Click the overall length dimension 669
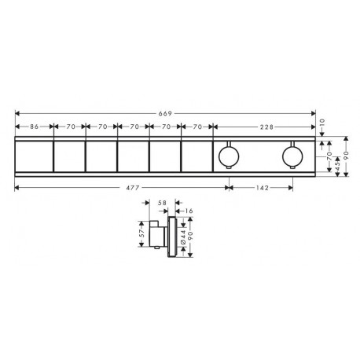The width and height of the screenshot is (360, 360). pyautogui.click(x=165, y=113)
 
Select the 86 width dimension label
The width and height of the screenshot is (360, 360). pyautogui.click(x=34, y=127)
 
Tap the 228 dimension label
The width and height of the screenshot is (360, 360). pyautogui.click(x=266, y=127)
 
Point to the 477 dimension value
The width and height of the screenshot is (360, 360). pyautogui.click(x=133, y=188)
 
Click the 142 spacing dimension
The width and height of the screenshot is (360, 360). pyautogui.click(x=263, y=188)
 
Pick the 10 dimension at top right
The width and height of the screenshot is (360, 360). pyautogui.click(x=322, y=123)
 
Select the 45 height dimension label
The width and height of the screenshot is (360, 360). pyautogui.click(x=337, y=165)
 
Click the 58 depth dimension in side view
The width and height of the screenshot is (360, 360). pyautogui.click(x=163, y=203)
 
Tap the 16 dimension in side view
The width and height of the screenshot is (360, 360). pyautogui.click(x=189, y=211)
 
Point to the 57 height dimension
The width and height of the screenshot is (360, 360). pyautogui.click(x=141, y=233)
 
